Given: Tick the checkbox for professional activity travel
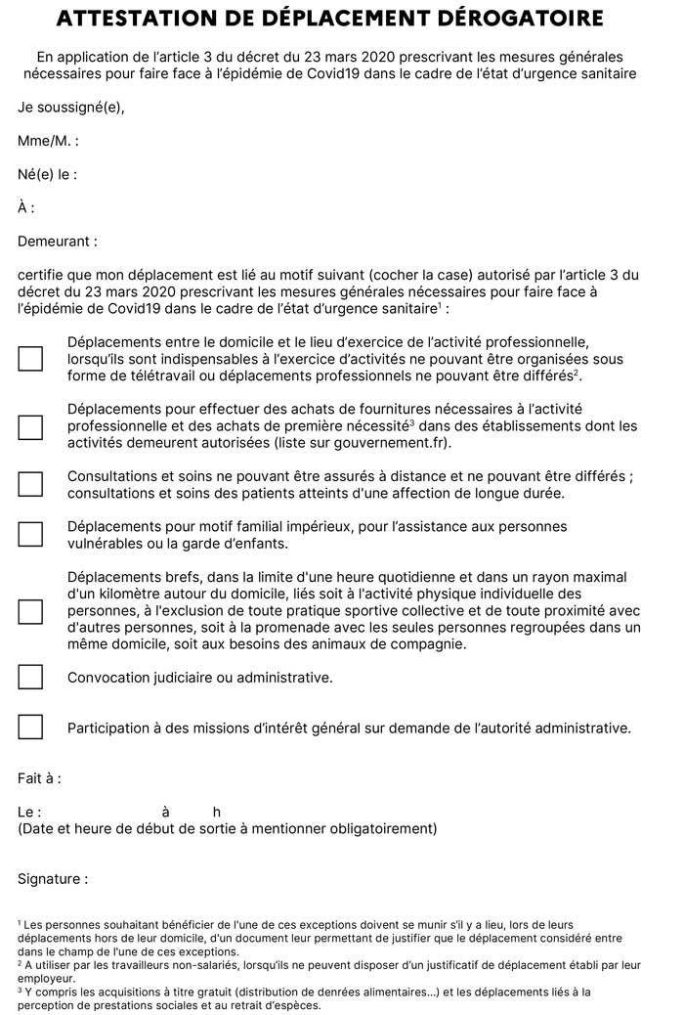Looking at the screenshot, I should pos(30,358).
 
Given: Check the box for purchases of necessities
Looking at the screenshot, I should pos(30,426).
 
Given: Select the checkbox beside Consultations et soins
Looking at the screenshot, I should pos(30,483).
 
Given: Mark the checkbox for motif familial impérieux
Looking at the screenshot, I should pos(30,534).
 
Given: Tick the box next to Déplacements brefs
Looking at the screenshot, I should pos(30,611).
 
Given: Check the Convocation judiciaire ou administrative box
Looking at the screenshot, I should pos(30,677).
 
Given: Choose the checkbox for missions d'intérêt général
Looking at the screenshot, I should pos(30,727).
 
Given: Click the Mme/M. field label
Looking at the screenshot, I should pos(48,142).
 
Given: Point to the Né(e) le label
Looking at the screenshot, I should pos(47,175).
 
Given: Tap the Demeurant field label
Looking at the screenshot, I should pos(58,241).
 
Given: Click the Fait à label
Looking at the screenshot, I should pos(39,778).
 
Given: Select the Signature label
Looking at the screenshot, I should pos(53,879).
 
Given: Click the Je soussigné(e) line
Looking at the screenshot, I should pos(71,108).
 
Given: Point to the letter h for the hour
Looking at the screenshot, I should pos(216,812).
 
